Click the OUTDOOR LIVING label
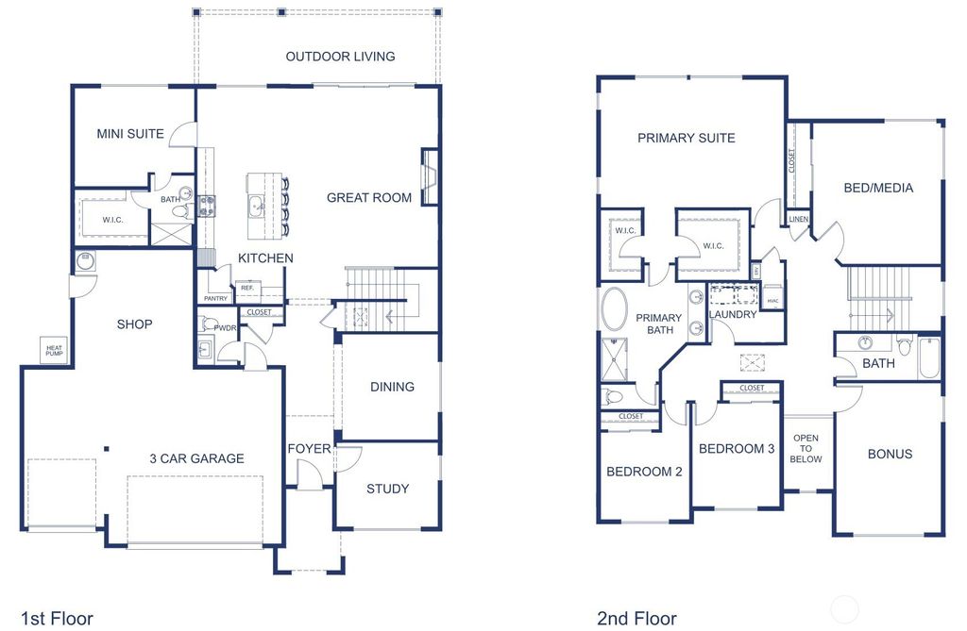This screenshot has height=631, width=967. click(x=340, y=57)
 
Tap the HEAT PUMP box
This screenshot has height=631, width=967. click(x=53, y=350)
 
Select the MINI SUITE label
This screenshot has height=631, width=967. click(x=130, y=134)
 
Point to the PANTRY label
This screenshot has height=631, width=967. click(x=214, y=298)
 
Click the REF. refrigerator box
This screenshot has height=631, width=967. click(x=247, y=288)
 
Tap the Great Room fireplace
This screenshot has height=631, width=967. click(x=430, y=176)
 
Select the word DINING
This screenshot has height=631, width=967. click(x=392, y=387)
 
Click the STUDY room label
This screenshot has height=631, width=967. click(x=387, y=489)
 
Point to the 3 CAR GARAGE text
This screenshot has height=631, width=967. click(x=196, y=459)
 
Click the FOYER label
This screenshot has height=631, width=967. click(x=309, y=449)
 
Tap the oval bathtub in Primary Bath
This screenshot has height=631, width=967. click(x=615, y=309)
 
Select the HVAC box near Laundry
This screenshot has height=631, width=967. click(x=772, y=302)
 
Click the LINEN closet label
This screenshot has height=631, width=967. click(x=798, y=220)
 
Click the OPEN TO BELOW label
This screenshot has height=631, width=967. click(x=806, y=449)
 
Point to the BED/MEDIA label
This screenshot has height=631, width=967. click(x=878, y=188)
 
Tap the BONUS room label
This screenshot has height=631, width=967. click(x=890, y=455)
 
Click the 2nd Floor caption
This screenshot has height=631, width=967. click(x=636, y=619)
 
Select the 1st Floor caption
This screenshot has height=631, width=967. click(x=57, y=619)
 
